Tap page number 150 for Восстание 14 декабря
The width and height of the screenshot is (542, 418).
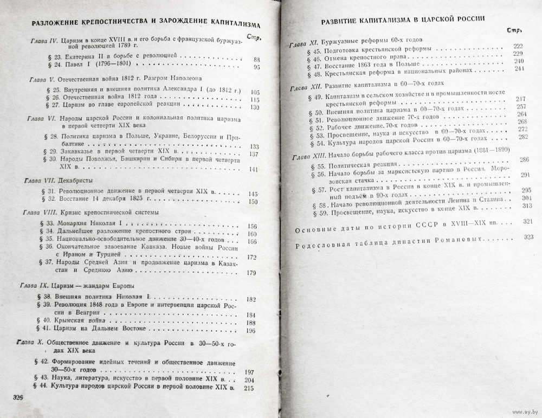[251, 202]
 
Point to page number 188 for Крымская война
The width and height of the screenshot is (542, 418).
[250, 323]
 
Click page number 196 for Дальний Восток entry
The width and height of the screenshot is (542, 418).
[250, 331]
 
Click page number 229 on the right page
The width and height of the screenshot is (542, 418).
[518, 53]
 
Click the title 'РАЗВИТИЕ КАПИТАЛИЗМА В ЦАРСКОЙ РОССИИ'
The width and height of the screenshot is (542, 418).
[403, 21]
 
